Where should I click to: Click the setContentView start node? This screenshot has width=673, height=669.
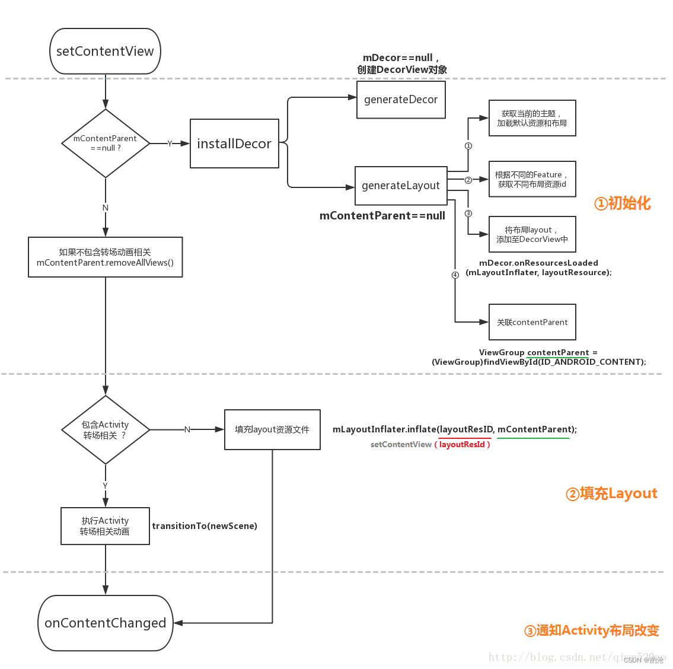pos(105,52)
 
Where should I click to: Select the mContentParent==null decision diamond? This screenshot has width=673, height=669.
pos(106,144)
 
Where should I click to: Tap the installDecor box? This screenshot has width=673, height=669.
pos(234,144)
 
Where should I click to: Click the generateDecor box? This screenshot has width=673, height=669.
pos(401,100)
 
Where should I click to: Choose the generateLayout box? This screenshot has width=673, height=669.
pos(401,186)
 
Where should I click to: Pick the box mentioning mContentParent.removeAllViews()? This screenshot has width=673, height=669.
pos(106,257)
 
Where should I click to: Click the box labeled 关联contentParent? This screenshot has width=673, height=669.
pos(532,322)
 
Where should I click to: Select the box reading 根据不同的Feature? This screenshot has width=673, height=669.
pos(532,179)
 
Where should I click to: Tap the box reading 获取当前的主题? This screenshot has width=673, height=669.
pos(532,118)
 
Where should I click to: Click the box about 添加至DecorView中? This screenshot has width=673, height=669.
pos(532,234)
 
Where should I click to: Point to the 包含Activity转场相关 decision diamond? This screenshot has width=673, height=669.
pos(106,430)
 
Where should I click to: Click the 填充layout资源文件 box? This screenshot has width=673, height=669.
pos(272,429)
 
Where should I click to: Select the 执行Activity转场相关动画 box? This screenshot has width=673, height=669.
pos(106,526)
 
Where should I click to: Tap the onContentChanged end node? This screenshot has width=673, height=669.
pos(106,623)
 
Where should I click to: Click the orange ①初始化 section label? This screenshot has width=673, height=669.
pos(622,203)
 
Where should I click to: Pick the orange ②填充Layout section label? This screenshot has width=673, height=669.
pos(611,493)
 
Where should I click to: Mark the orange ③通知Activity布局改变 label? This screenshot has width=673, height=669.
pos(592,630)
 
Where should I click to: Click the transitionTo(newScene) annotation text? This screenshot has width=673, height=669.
pos(205,526)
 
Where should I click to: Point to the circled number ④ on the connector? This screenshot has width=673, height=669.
pos(455,275)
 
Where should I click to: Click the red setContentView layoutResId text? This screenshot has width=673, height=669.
pos(463,445)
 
